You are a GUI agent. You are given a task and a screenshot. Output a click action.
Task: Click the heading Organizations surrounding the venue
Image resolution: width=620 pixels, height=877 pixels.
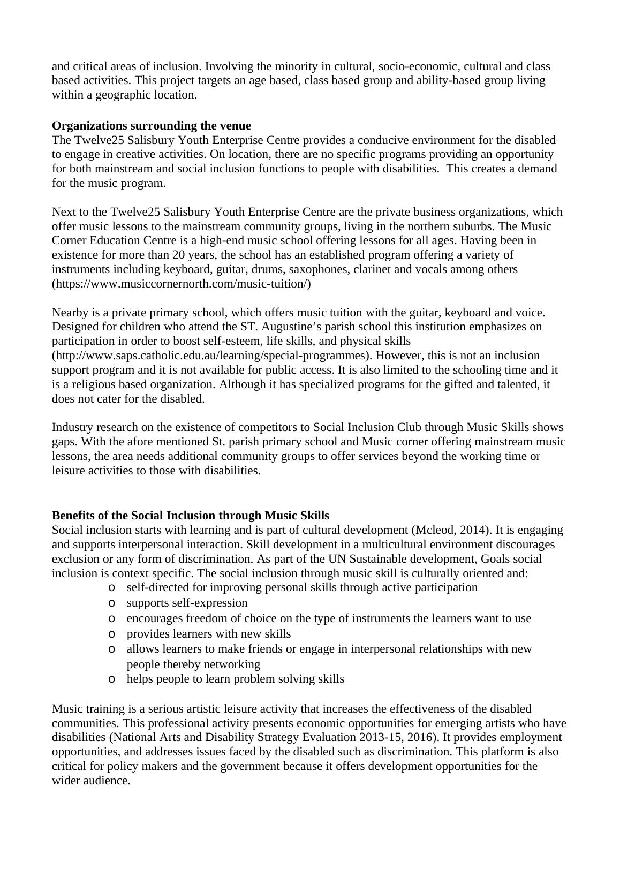point(151,126)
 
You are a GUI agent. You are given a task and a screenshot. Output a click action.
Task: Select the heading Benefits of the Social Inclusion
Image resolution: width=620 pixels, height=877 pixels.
point(190,516)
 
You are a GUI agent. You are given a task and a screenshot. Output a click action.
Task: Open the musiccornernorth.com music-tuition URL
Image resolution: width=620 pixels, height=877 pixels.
point(181,284)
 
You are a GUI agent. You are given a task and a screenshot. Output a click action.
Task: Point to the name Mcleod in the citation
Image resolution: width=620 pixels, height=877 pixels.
point(432,530)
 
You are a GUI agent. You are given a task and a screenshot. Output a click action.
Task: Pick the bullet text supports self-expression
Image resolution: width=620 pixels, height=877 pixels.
point(187,603)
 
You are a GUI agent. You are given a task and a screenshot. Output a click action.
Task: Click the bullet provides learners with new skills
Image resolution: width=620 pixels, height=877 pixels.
point(208,634)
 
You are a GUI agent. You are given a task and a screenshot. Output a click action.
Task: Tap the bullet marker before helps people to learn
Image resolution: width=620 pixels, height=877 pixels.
point(111,679)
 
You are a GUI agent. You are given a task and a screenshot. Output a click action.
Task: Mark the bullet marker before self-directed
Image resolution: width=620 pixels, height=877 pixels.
point(111,587)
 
